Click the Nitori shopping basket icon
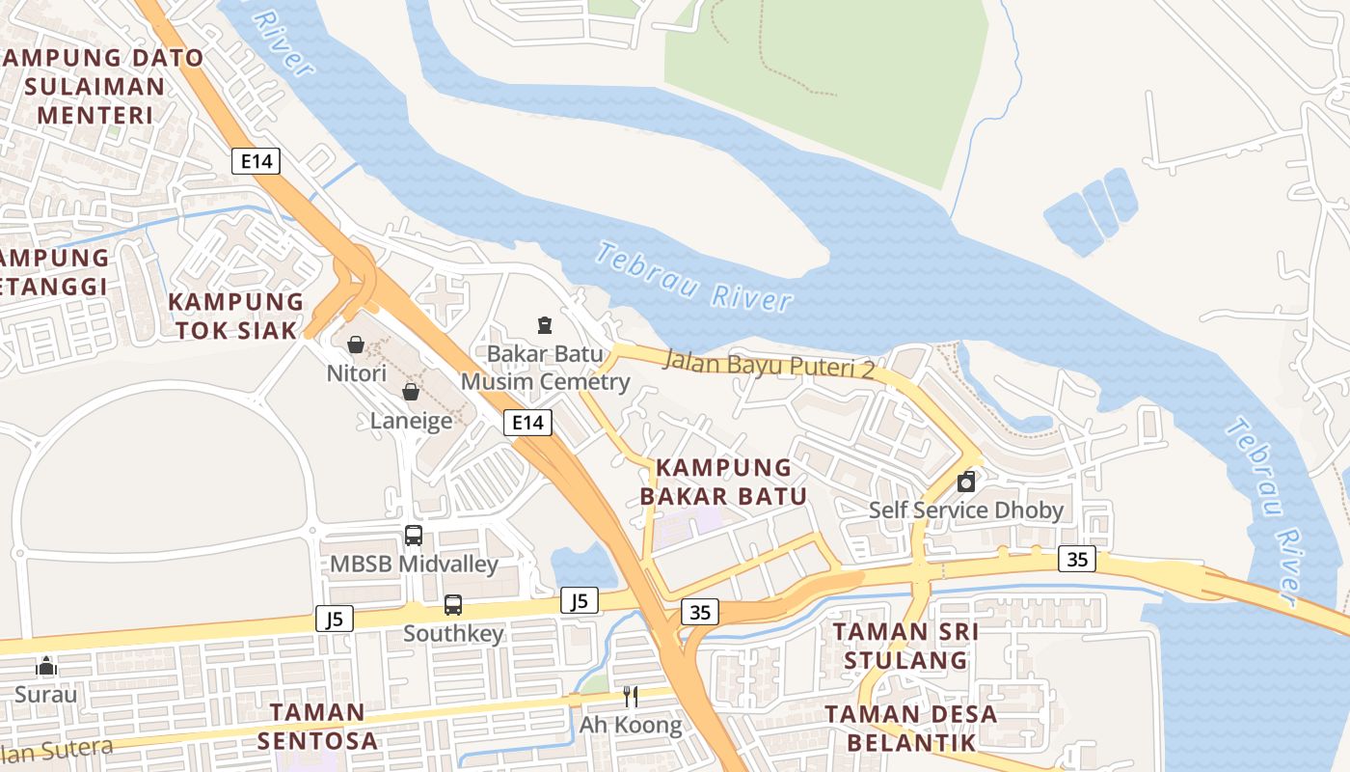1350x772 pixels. coord(356,345)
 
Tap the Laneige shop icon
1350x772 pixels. coord(411,392)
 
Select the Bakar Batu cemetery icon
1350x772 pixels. coord(545,325)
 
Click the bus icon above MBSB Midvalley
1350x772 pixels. coord(414,535)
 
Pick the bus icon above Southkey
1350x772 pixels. coord(453,605)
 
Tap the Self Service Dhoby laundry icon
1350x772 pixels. coord(966,482)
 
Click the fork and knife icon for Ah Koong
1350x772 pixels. coord(631,696)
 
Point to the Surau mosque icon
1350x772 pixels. coord(46,666)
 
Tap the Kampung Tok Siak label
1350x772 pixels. coord(236,316)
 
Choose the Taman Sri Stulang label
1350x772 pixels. coord(905,646)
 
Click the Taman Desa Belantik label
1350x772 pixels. coord(911,728)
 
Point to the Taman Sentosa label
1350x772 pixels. coord(317,726)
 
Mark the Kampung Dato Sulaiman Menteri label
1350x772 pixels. coord(101,87)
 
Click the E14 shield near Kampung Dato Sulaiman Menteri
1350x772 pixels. coord(256,161)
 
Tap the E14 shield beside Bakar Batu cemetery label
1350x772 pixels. coord(527,422)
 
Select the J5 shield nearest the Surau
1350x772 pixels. coord(335,619)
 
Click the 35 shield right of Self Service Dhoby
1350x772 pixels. coord(1077,559)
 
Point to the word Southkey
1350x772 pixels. coord(453,634)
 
